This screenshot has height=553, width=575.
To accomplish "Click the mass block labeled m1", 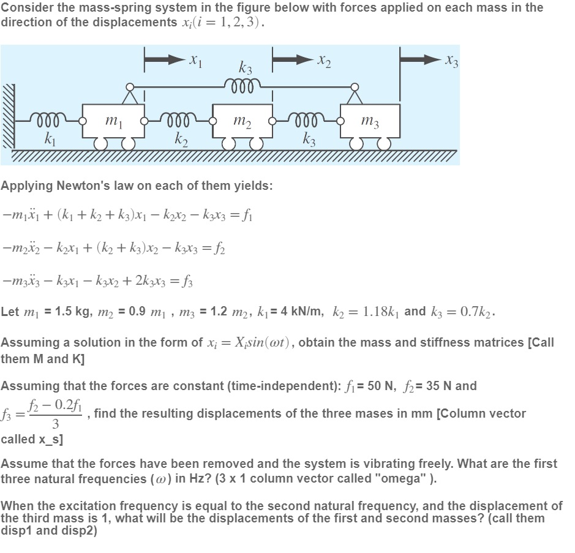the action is [113, 122].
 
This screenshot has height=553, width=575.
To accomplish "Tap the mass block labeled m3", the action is [370, 122].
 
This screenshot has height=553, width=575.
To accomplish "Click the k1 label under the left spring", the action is [48, 138].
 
